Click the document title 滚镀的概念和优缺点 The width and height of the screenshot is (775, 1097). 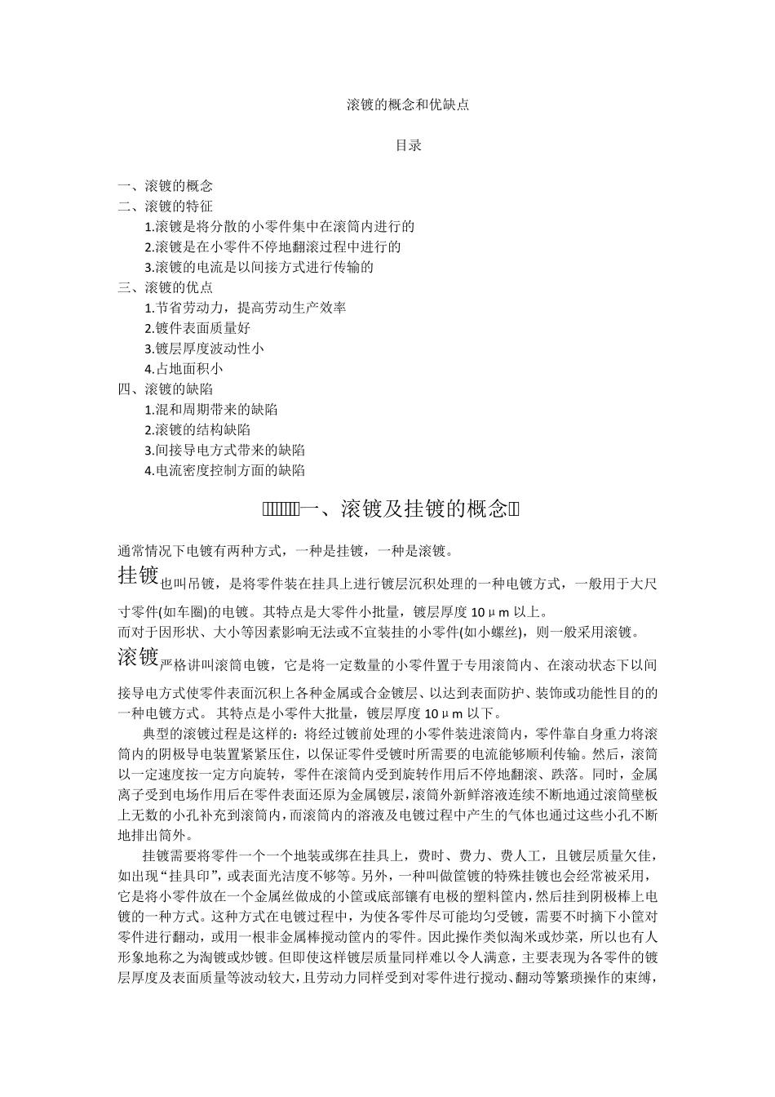(x=407, y=105)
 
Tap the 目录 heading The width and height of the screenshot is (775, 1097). (x=408, y=146)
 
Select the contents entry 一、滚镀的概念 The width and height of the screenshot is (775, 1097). (x=166, y=186)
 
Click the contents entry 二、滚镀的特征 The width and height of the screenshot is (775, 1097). (x=166, y=207)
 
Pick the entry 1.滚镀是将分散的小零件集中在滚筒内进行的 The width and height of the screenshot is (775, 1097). (x=279, y=227)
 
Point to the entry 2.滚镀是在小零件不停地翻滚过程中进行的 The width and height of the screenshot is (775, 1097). (x=272, y=247)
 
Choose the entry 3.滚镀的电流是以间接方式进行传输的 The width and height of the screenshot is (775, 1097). (x=259, y=268)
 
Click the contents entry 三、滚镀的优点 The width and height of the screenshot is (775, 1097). (x=166, y=288)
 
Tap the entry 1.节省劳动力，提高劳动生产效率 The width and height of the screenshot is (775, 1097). (x=246, y=308)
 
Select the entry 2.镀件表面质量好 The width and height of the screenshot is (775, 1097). (x=197, y=328)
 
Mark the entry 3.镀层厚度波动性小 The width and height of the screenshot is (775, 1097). (x=204, y=349)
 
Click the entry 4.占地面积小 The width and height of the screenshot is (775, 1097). (x=184, y=369)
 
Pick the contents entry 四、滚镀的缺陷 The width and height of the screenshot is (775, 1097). (x=166, y=389)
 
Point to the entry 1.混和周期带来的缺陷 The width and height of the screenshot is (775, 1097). (x=210, y=410)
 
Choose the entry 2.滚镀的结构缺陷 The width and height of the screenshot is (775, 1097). (x=197, y=430)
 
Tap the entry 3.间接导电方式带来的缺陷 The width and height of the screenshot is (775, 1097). (x=224, y=451)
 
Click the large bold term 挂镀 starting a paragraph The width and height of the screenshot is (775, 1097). (x=139, y=575)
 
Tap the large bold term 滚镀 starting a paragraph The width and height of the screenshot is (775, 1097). (x=139, y=656)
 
